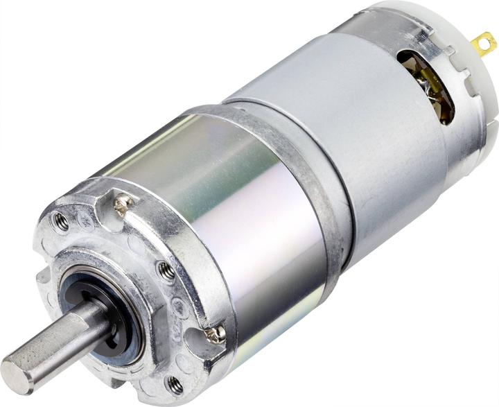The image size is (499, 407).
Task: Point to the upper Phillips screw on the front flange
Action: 124,205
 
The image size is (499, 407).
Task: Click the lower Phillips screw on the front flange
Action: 217,334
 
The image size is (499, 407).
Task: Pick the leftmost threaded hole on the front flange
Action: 61,222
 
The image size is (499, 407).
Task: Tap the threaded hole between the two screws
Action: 166,271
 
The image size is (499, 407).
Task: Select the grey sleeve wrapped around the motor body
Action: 347,139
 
